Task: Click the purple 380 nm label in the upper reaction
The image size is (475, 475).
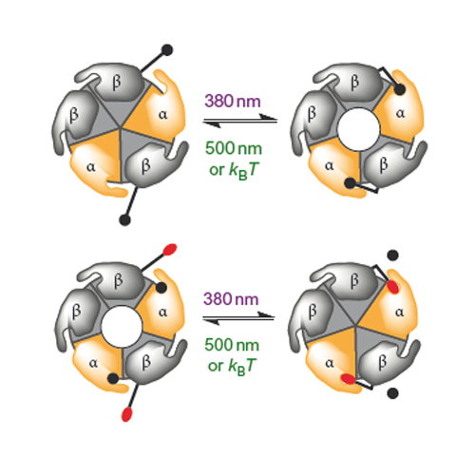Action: tap(233, 102)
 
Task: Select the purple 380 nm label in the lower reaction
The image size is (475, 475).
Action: tap(231, 299)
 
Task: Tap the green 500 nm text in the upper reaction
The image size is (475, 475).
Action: tap(234, 148)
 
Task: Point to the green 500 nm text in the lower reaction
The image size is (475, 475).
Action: tap(232, 345)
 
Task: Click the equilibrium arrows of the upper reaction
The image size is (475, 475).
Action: tap(240, 121)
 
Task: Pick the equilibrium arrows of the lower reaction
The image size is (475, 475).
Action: tap(238, 317)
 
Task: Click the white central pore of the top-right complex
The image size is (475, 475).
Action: tap(358, 129)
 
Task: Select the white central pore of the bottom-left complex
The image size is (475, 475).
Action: tap(122, 327)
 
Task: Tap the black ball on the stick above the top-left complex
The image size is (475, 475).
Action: tap(167, 50)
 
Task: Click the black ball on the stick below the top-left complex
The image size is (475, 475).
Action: tap(124, 219)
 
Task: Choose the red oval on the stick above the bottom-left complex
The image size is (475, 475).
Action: tap(170, 250)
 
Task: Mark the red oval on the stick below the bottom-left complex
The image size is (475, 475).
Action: tap(126, 414)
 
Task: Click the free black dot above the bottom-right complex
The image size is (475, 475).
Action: tap(392, 255)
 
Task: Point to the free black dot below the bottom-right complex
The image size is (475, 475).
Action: tap(392, 393)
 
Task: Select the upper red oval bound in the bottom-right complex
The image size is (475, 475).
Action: tap(393, 287)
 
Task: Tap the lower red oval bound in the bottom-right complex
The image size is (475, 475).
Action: tap(349, 379)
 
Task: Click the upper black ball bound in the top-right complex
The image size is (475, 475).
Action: tap(400, 89)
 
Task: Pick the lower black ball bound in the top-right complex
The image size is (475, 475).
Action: tap(350, 183)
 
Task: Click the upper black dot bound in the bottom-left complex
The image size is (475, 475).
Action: tap(161, 288)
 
